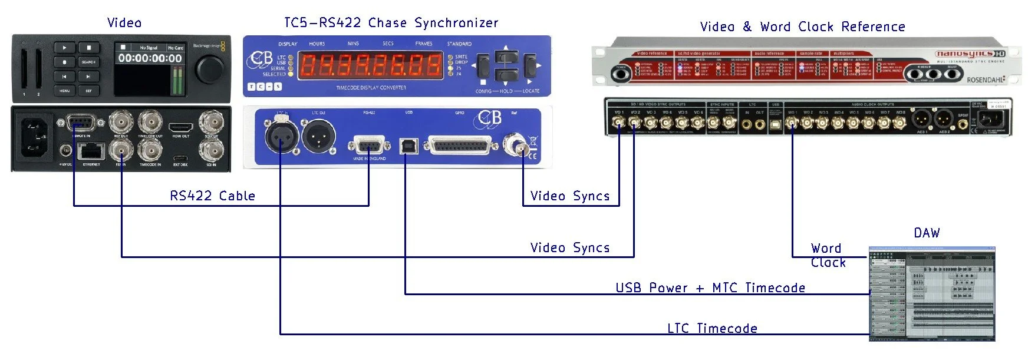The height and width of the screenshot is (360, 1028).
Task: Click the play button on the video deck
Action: (x=65, y=48)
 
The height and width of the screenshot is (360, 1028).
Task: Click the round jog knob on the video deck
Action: (x=210, y=70)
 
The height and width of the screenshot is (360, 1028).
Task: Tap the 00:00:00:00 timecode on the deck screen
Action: (x=150, y=58)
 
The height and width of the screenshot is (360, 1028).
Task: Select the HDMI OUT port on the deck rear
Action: (x=180, y=127)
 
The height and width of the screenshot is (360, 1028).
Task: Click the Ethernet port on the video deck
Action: (x=91, y=153)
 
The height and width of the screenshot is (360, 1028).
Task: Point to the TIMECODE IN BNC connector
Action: (x=150, y=151)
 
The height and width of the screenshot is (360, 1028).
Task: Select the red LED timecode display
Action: (x=370, y=65)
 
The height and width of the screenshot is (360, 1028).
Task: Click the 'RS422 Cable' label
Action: (x=212, y=196)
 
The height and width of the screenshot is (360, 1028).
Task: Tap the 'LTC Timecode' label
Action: (x=712, y=328)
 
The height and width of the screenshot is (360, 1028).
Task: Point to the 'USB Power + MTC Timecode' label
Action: (x=710, y=288)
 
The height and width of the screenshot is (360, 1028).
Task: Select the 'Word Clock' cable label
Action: (x=828, y=255)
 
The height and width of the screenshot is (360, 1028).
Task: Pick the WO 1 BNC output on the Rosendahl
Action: (x=793, y=123)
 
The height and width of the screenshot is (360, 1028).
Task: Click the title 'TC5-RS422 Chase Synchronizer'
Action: (x=391, y=23)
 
